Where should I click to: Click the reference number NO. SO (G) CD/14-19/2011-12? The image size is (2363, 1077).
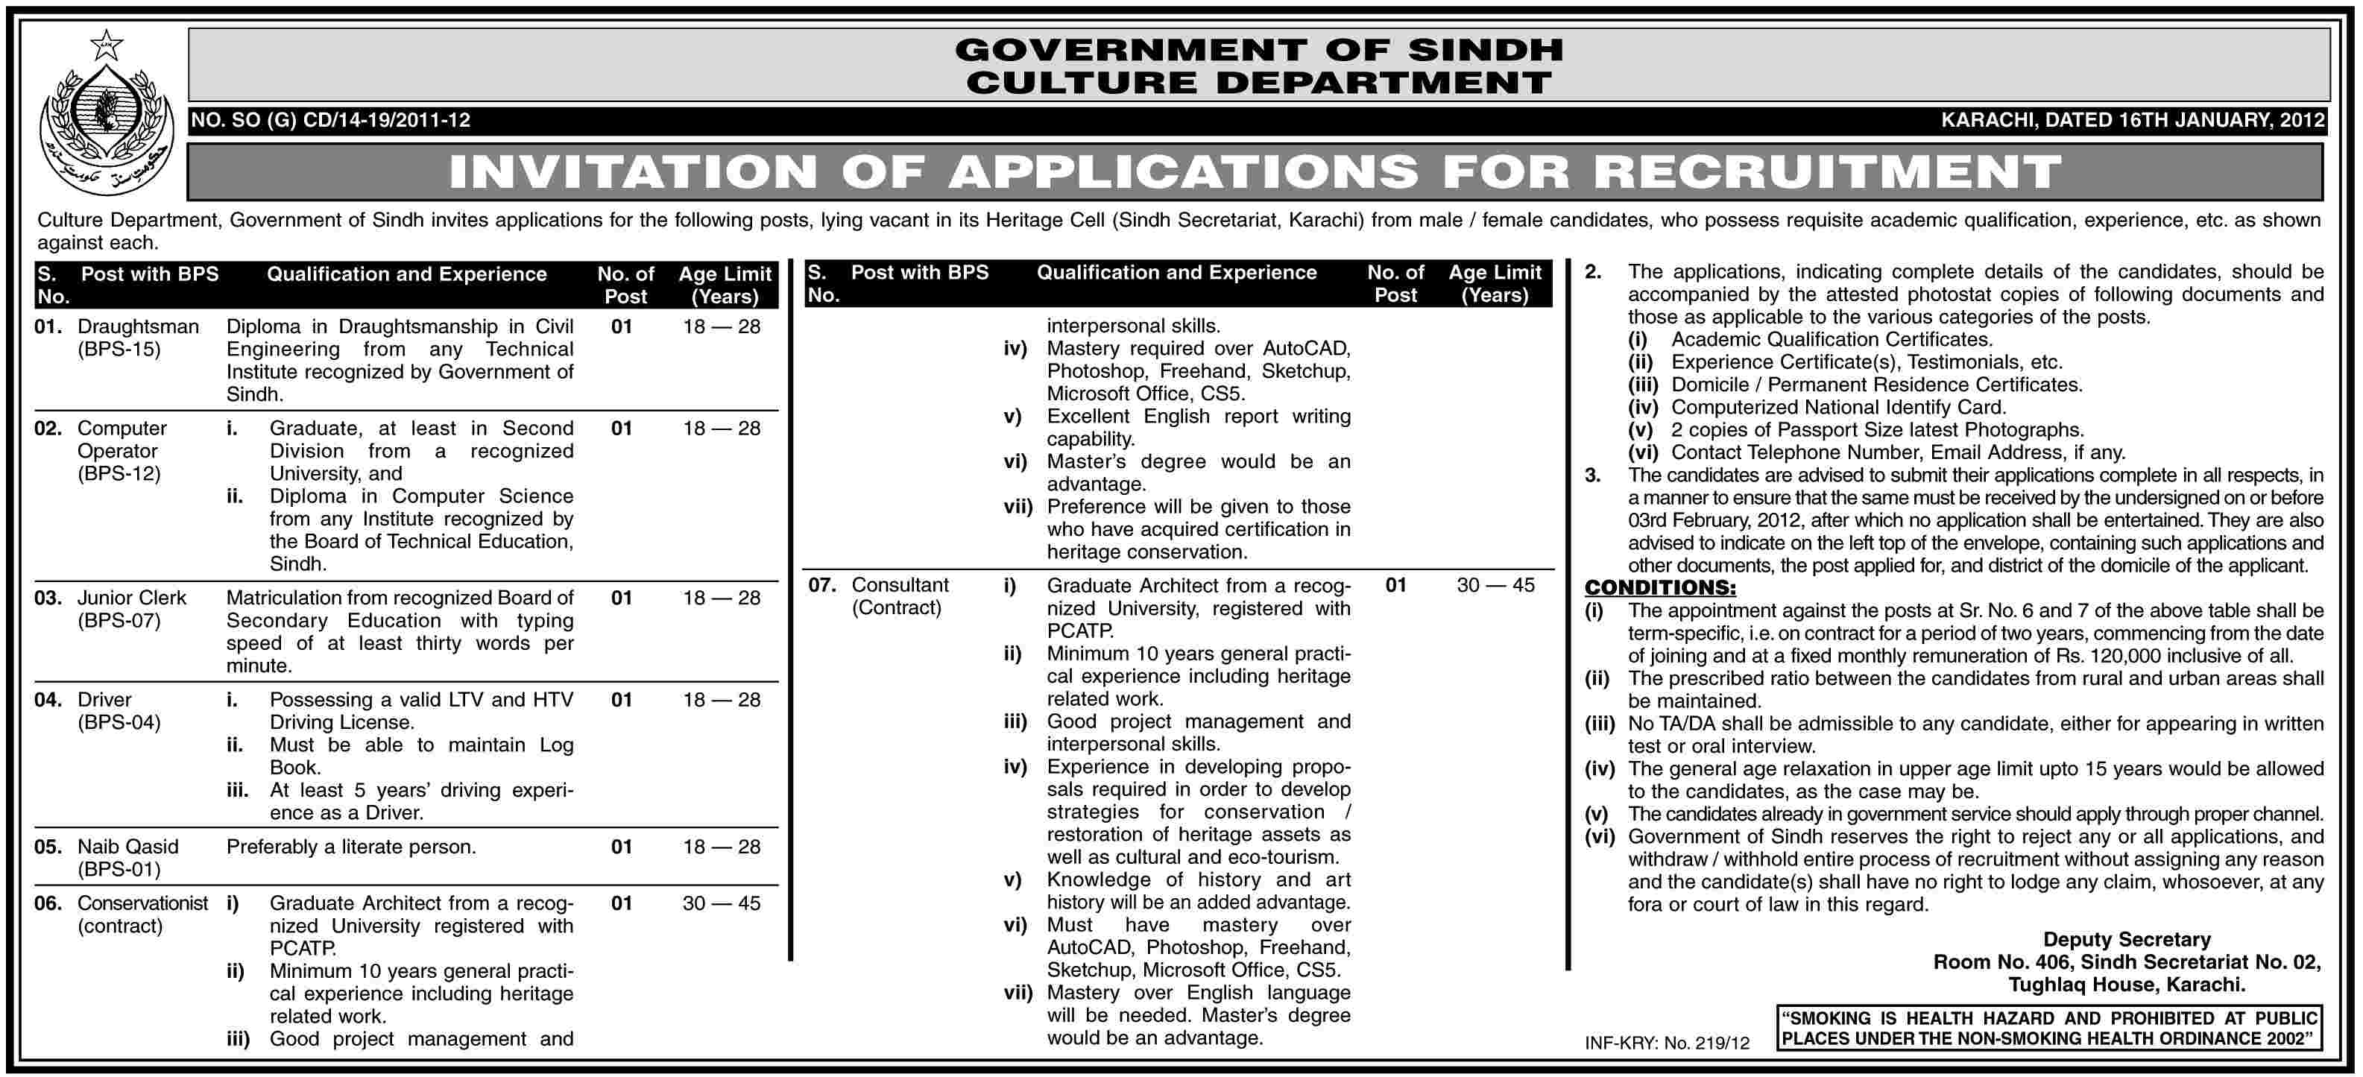(330, 120)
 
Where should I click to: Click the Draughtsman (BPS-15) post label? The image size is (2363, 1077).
(138, 338)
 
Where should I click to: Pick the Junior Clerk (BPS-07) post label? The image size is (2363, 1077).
(131, 609)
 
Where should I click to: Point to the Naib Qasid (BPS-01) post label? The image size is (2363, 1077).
(127, 858)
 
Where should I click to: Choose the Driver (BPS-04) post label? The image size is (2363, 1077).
(119, 711)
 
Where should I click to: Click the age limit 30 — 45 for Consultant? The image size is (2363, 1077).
(1495, 585)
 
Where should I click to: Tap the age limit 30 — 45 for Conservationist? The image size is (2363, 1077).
(722, 903)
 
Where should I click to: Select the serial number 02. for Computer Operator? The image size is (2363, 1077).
(48, 429)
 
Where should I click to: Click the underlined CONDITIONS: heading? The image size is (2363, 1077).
(1660, 588)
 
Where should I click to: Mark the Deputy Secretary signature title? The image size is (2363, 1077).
(2127, 939)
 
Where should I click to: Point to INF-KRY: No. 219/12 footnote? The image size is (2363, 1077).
(1667, 1043)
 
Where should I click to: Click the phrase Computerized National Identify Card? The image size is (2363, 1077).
(1838, 407)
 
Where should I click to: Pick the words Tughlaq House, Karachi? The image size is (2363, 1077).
(2127, 985)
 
